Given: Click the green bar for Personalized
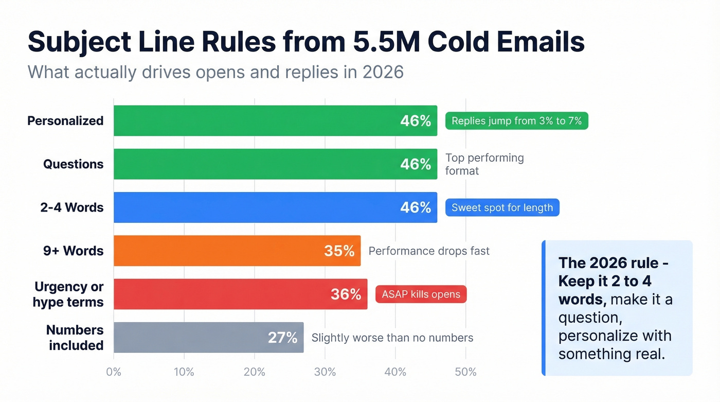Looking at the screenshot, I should [x=257, y=121].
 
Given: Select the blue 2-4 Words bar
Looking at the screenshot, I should [x=257, y=207].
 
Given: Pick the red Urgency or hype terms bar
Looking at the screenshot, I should [x=221, y=294].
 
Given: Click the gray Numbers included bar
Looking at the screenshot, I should [x=190, y=337].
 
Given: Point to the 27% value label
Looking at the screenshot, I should [x=282, y=338].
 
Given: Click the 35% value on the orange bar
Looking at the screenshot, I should [x=339, y=251].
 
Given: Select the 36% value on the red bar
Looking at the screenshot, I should [x=346, y=294].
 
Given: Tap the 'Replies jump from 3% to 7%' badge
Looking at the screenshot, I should [x=516, y=121].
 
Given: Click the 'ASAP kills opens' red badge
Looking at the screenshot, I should [x=421, y=294].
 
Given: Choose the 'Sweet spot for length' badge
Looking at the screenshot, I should [x=502, y=207].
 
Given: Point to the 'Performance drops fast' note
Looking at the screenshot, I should [x=429, y=251].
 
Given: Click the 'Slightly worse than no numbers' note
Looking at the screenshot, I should [x=392, y=338].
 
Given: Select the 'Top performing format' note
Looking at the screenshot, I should [x=484, y=164].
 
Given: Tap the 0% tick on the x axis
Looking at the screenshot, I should [x=113, y=372].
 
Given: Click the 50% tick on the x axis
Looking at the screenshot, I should [x=465, y=372].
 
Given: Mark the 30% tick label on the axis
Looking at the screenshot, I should [x=325, y=372].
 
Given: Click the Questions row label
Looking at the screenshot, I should [x=73, y=164].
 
